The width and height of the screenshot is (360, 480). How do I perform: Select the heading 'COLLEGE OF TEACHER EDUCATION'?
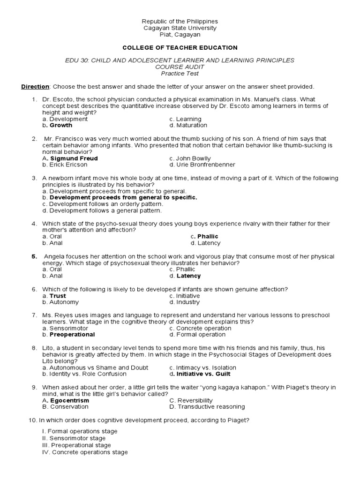pos(180,48)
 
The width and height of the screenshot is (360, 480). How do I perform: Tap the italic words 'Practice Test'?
pos(180,74)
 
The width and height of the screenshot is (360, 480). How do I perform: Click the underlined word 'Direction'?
pos(35,87)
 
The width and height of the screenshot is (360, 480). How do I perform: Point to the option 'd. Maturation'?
pos(188,126)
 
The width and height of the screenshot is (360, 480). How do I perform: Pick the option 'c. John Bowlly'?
pos(190,158)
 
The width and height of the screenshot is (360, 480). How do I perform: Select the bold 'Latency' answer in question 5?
pos(188,276)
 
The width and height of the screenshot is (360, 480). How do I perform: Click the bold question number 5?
pos(34,257)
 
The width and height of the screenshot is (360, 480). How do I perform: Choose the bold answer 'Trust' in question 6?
pos(58,296)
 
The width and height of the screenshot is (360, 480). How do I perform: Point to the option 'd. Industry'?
pos(184,302)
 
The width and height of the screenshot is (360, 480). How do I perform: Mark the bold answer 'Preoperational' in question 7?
pos(72,335)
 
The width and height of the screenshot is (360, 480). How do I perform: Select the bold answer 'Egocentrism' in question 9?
pos(69,401)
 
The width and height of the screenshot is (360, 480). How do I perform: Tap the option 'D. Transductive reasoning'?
pos(207,407)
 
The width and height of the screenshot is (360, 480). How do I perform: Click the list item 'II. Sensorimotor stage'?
pos(74,438)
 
